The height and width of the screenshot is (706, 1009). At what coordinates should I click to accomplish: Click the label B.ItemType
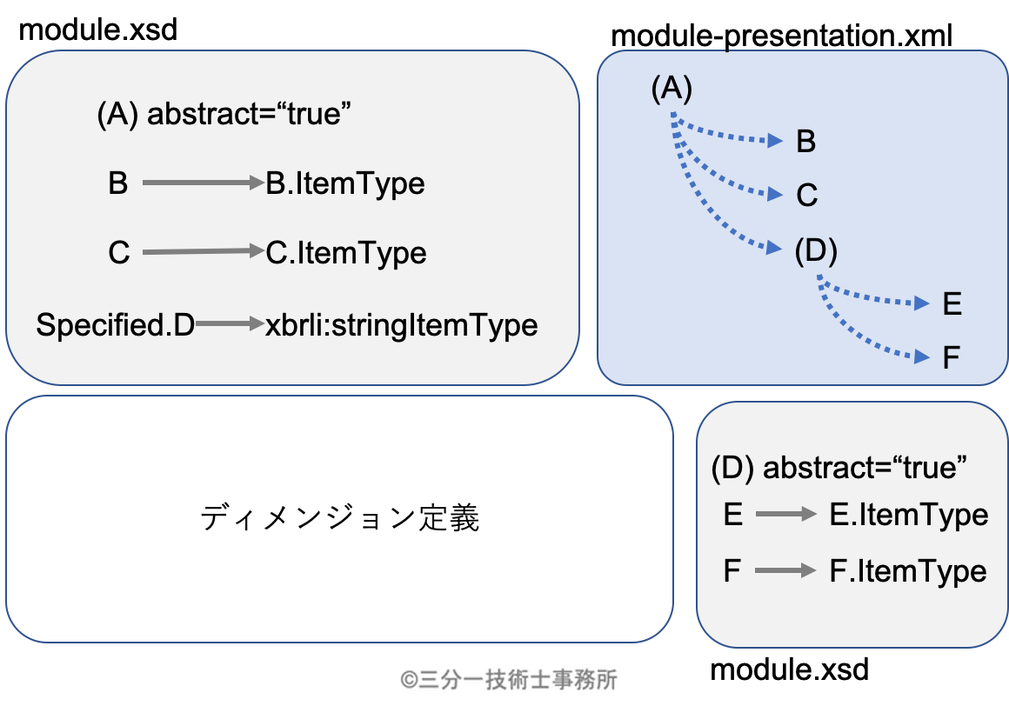(x=345, y=184)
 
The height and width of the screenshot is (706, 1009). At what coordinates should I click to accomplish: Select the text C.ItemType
(x=345, y=253)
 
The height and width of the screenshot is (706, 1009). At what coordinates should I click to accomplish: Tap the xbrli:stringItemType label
(x=402, y=325)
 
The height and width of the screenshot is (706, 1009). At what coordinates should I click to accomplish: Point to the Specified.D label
(x=115, y=324)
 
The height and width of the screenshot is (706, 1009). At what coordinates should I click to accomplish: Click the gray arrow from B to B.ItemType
(x=204, y=183)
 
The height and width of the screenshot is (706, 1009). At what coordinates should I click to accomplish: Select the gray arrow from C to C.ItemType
(x=204, y=251)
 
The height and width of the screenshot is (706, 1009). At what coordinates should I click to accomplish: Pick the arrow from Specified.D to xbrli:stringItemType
(x=230, y=323)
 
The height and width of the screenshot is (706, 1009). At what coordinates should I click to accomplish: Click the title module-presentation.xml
(x=781, y=36)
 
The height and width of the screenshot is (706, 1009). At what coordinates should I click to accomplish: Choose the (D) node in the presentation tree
(x=816, y=250)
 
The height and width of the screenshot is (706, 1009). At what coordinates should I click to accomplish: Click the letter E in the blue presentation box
(x=952, y=304)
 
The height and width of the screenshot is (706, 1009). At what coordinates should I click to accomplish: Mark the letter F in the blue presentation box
(x=951, y=358)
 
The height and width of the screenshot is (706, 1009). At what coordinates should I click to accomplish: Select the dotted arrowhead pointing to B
(x=775, y=140)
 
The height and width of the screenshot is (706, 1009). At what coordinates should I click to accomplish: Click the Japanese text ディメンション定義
(x=340, y=518)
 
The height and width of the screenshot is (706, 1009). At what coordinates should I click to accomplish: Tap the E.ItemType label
(x=909, y=515)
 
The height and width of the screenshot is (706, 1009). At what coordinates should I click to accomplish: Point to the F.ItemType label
(x=908, y=571)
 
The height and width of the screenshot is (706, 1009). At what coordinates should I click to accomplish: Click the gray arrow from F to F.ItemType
(x=785, y=570)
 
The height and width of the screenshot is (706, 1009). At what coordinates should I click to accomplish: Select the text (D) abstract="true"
(x=839, y=468)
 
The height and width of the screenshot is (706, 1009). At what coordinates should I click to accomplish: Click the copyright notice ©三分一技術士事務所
(x=508, y=680)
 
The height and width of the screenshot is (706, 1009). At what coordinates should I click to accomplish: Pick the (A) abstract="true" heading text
(x=224, y=115)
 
